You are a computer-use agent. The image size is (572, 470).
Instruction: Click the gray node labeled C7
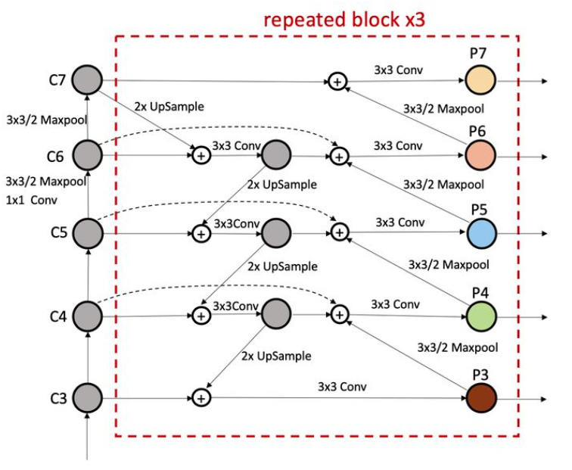(x=88, y=79)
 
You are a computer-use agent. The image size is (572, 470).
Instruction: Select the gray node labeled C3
(x=88, y=396)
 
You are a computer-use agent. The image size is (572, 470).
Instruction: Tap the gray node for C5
(x=88, y=233)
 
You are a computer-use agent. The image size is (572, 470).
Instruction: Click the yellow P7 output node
(x=480, y=79)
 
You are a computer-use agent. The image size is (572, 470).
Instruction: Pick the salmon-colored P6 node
(x=480, y=156)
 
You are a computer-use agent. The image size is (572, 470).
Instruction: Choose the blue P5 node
(x=480, y=232)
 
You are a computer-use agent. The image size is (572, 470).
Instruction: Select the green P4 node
(x=480, y=314)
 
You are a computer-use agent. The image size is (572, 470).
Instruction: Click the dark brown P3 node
(x=480, y=396)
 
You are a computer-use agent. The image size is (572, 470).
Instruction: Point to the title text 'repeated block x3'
(x=344, y=19)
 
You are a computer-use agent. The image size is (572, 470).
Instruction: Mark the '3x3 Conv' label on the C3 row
(x=342, y=385)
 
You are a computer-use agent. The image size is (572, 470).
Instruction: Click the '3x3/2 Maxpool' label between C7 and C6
(x=45, y=119)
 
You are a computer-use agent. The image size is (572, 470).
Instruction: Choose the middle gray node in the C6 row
(x=275, y=155)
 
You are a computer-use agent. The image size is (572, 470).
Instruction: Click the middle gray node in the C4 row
(x=275, y=313)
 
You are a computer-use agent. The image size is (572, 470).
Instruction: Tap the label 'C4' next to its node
(x=58, y=314)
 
